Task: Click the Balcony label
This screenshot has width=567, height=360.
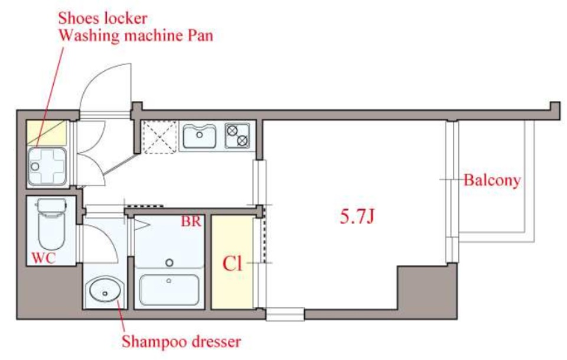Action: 492,180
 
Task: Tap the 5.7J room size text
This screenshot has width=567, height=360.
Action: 357,217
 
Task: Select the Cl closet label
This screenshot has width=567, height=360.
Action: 232,264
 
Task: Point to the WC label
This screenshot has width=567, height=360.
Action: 44,258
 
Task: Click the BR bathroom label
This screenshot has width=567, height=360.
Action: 191,222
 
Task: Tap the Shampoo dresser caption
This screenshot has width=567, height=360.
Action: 181,342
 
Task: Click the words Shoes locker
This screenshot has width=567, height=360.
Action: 103,18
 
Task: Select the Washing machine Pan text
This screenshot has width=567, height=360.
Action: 136,36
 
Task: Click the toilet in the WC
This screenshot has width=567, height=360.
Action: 51,223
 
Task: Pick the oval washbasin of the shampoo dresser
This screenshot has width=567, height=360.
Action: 105,290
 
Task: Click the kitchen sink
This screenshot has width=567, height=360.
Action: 199,136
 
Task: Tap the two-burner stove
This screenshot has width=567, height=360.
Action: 237,136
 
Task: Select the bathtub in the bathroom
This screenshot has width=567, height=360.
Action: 169,290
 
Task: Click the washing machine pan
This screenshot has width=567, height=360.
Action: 47,167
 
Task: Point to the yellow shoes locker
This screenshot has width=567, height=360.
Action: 47,133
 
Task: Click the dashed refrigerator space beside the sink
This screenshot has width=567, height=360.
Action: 159,137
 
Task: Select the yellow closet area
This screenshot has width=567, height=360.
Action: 232,262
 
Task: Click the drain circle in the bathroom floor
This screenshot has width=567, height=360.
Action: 170,262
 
